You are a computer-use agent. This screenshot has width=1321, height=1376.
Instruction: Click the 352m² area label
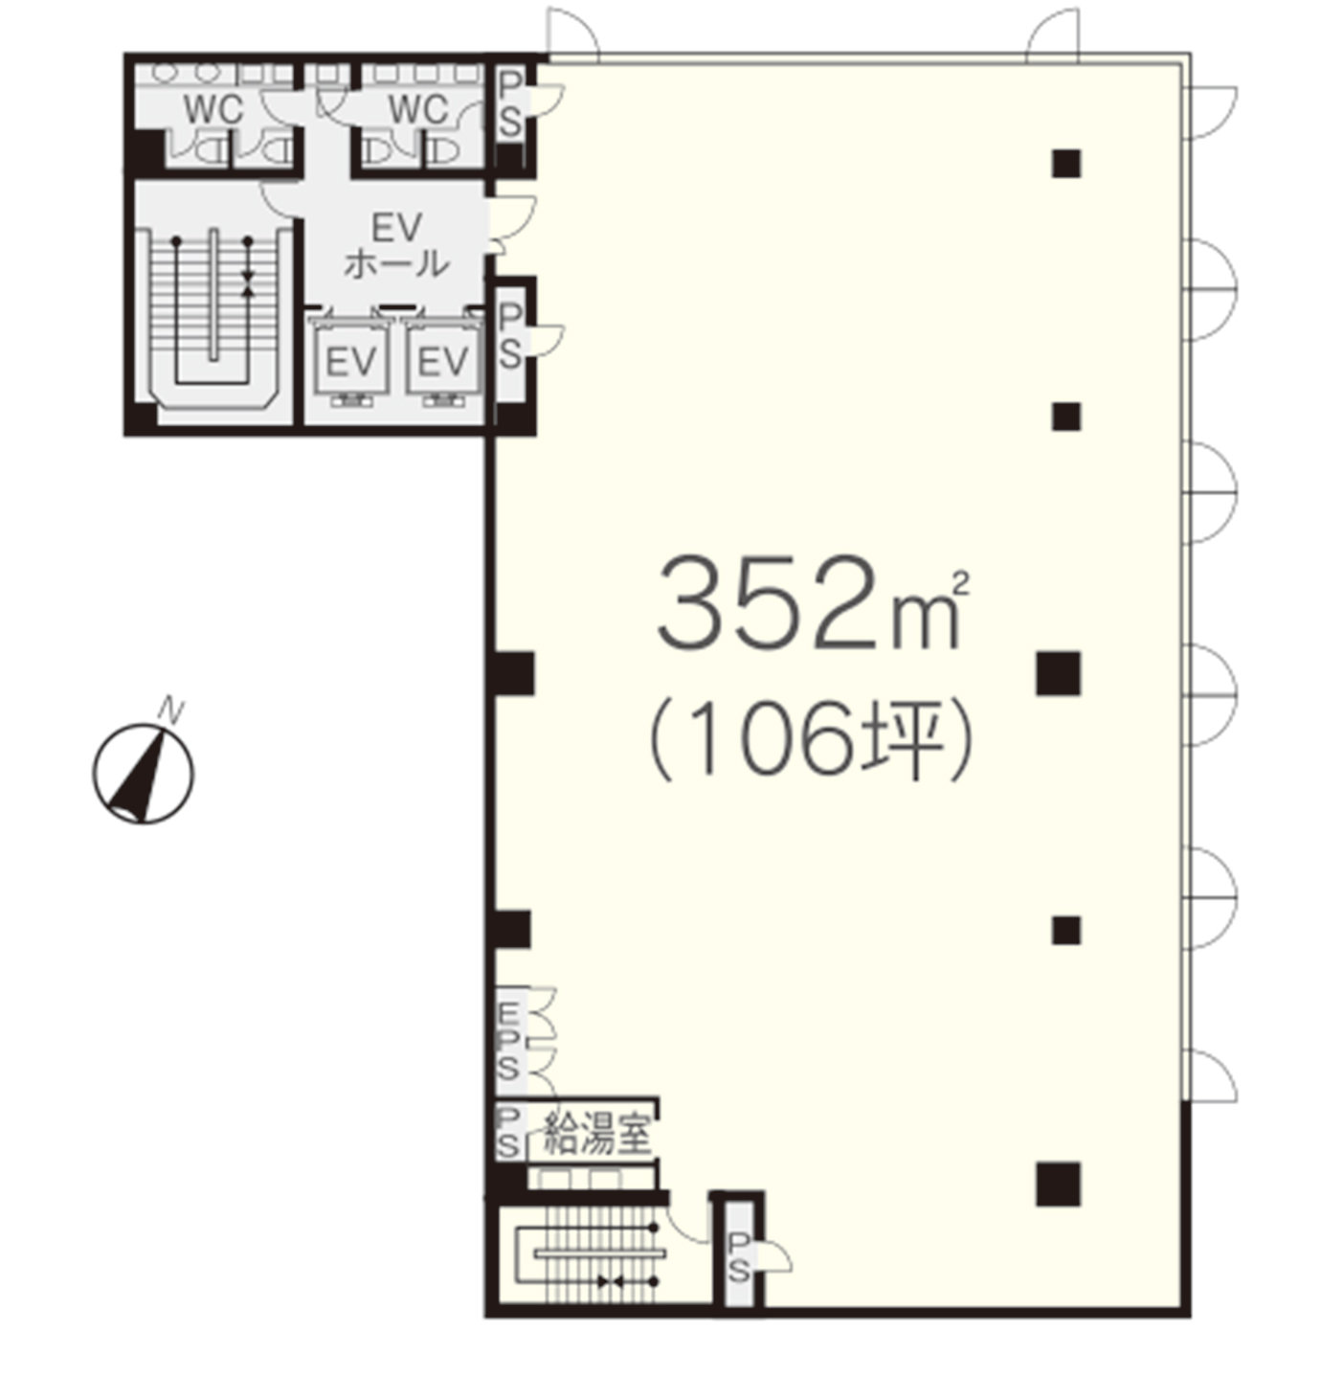pos(813,602)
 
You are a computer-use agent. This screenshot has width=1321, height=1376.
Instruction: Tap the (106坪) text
pos(812,739)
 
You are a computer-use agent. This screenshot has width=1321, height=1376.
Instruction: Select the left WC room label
pos(213,109)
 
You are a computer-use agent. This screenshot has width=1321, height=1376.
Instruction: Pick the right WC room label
pos(418,109)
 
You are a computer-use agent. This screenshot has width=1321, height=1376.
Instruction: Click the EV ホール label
pos(397,245)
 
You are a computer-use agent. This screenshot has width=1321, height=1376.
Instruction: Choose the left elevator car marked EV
pos(350,363)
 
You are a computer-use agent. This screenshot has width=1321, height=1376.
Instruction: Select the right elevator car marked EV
pos(443,363)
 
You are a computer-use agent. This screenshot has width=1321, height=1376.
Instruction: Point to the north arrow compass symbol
pos(143,774)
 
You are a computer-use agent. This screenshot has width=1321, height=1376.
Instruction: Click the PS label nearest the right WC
pos(509,104)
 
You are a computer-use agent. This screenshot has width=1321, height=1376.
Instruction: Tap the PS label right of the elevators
pos(510,336)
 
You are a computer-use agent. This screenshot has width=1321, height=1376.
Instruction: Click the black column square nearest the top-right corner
pos(1065,164)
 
